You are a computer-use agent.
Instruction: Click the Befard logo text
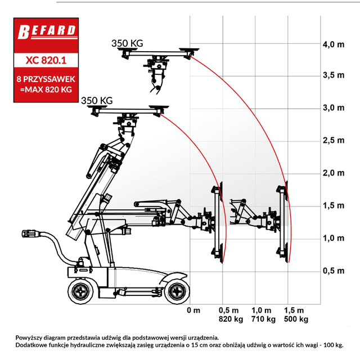tap(47, 31)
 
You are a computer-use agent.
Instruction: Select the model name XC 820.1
tap(46, 60)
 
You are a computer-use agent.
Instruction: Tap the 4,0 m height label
tap(334, 44)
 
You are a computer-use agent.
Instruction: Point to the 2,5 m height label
tap(334, 140)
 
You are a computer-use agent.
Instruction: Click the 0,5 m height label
tap(334, 271)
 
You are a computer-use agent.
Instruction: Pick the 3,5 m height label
tap(334, 75)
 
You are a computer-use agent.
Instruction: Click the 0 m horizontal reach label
tap(193, 310)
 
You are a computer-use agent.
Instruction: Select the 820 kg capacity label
tap(231, 319)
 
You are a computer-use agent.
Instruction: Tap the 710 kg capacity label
tap(263, 319)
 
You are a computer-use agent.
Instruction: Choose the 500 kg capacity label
tap(296, 319)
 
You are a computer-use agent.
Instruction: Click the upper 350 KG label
tap(127, 43)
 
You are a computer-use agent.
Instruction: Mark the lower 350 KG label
tap(97, 101)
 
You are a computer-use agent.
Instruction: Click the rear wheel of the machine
tap(81, 291)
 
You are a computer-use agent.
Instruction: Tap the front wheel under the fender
tap(177, 291)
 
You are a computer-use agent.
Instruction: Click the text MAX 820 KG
tap(48, 89)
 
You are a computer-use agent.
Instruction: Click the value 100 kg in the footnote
tap(334, 345)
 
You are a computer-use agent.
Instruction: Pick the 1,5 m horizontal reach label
tap(294, 310)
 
